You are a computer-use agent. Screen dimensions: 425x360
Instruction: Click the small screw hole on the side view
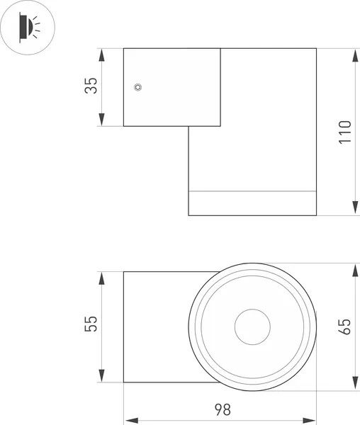tap(138, 87)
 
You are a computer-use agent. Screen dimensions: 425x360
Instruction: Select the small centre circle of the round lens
tap(252, 327)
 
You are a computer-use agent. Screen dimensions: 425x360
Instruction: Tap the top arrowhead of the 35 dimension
tap(103, 52)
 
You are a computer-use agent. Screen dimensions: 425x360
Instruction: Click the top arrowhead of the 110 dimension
tap(354, 52)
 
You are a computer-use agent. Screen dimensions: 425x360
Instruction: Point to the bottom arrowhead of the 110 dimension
tap(354, 210)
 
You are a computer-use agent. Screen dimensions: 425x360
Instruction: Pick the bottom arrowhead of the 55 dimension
tap(103, 378)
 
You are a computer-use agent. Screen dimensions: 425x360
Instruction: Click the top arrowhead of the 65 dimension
tap(354, 268)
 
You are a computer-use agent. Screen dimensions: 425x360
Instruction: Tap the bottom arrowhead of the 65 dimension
tap(354, 384)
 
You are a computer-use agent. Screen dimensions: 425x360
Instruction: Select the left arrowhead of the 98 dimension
tap(128, 417)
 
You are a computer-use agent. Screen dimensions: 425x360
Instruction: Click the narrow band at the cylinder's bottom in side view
tap(252, 203)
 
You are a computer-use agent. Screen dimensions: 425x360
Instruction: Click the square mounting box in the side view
tap(171, 86)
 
